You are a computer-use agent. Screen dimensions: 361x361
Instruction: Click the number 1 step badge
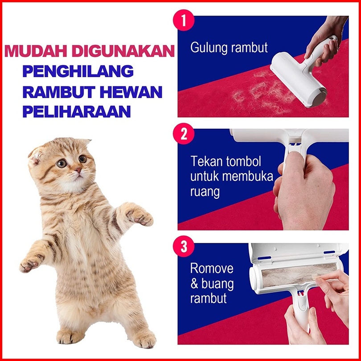click(184, 20)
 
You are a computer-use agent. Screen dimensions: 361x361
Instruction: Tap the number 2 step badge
click(184, 134)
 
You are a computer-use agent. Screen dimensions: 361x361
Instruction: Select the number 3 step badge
click(184, 246)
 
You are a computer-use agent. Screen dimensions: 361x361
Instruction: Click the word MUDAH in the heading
click(36, 51)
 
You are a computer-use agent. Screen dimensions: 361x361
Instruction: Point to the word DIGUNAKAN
click(123, 51)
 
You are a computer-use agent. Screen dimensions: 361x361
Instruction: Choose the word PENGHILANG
click(78, 71)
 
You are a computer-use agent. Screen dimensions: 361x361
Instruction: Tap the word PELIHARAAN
click(77, 111)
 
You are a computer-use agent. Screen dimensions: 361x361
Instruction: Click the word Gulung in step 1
click(209, 48)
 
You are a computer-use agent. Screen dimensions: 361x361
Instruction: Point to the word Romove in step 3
click(212, 268)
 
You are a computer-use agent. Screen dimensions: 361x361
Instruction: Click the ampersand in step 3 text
click(194, 283)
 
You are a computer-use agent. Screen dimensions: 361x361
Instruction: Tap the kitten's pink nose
click(78, 170)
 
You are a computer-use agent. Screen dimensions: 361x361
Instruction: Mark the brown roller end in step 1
click(320, 97)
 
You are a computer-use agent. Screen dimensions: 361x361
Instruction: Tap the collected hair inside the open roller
click(299, 274)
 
